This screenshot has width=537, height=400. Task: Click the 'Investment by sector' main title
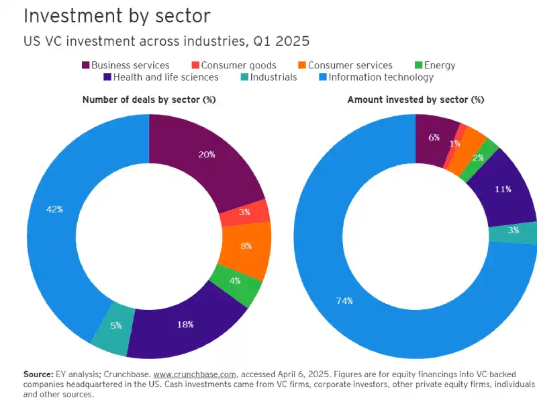coord(117,15)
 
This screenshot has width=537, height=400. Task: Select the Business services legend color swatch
coord(86,65)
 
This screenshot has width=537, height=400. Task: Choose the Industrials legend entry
coord(268,77)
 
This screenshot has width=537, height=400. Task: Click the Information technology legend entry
coord(376,77)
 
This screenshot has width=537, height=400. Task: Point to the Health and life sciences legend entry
coord(161,77)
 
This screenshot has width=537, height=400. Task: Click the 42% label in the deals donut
coord(54,209)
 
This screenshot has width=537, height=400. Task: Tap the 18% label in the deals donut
coord(185,324)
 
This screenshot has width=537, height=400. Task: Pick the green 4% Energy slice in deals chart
coord(235,281)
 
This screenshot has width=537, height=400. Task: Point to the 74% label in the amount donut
coord(344,301)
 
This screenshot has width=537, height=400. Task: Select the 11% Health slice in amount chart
coord(503,189)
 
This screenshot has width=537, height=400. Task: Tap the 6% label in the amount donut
coord(434,137)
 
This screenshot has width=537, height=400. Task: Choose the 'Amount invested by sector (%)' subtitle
coord(416,99)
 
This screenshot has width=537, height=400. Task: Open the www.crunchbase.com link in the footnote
coord(195,373)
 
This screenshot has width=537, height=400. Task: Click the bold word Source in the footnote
coord(38,373)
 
